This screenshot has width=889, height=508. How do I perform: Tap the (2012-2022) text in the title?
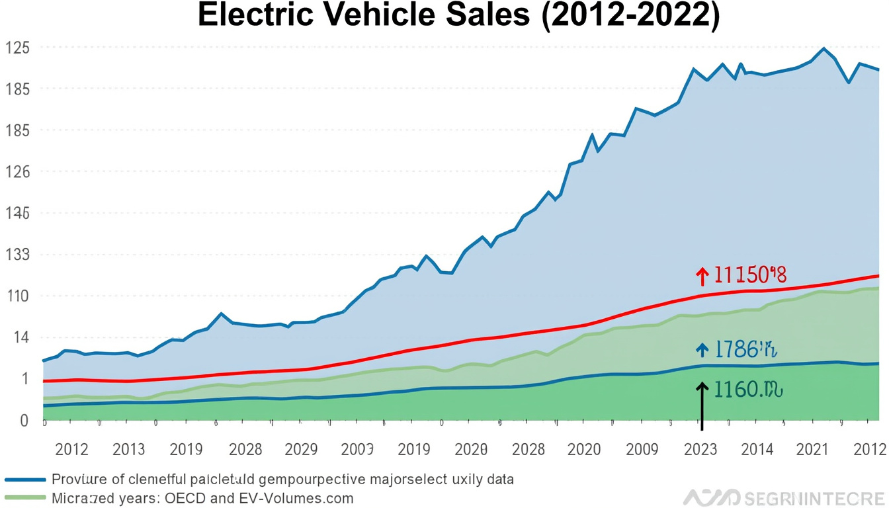point(630,16)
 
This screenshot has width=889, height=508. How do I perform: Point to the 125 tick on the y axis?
point(19,48)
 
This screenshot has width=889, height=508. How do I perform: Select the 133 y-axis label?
point(19,255)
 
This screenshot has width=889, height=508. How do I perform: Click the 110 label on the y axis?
point(19,296)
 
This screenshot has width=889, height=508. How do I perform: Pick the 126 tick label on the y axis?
point(19,172)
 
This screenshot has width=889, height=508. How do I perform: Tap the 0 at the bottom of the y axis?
point(24,420)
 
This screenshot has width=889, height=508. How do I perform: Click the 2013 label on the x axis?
point(128,450)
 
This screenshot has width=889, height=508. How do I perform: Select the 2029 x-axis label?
point(301,450)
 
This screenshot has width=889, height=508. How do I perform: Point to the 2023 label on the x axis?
point(700,450)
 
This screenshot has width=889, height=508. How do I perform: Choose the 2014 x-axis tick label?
point(757,450)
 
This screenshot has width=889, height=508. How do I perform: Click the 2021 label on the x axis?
point(812,450)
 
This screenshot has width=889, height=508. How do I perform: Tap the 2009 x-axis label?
point(642,450)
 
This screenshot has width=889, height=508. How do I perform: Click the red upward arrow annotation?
point(702,276)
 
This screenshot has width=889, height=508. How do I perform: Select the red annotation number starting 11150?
point(750,275)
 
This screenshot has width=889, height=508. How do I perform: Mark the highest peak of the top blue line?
point(824,48)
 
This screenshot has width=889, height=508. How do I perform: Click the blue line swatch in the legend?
point(25,480)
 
